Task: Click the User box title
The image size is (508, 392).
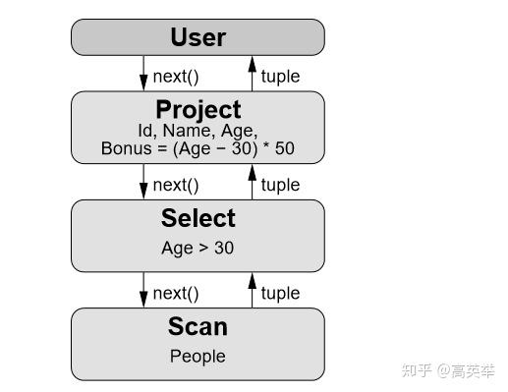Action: pyautogui.click(x=198, y=37)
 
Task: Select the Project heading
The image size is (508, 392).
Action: pyautogui.click(x=198, y=109)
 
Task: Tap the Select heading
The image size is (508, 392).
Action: pyautogui.click(x=198, y=218)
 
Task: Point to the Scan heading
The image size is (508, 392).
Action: pyautogui.click(x=198, y=326)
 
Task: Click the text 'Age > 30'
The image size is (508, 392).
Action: pyautogui.click(x=198, y=249)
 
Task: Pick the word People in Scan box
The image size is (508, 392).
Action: pyautogui.click(x=198, y=357)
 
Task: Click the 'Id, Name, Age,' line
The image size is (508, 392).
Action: pyautogui.click(x=198, y=131)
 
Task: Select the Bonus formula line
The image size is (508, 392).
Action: pyautogui.click(x=198, y=149)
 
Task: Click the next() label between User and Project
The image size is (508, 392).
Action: pyautogui.click(x=176, y=76)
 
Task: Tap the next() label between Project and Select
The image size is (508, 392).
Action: pyautogui.click(x=176, y=185)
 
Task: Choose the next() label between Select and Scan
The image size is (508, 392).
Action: pyautogui.click(x=176, y=293)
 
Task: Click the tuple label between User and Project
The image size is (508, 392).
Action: pyautogui.click(x=280, y=76)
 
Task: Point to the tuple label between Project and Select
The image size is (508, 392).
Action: pyautogui.click(x=280, y=185)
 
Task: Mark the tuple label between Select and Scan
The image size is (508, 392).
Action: pyautogui.click(x=280, y=293)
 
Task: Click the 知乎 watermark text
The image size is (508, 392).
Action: pyautogui.click(x=419, y=371)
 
